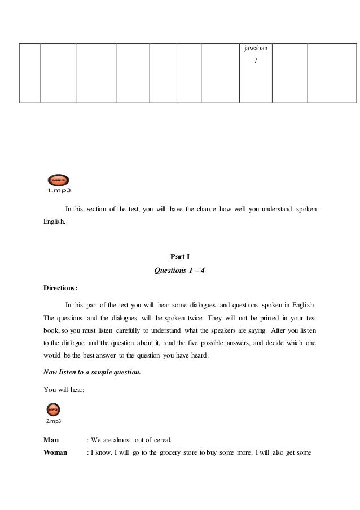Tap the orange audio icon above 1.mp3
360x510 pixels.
(x=58, y=180)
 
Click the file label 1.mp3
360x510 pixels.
(x=59, y=190)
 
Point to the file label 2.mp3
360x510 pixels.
(x=54, y=421)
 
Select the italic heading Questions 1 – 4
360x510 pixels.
(x=179, y=270)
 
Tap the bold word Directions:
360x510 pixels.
(x=60, y=287)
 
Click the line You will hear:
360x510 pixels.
(x=64, y=389)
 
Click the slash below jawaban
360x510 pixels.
(x=256, y=60)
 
